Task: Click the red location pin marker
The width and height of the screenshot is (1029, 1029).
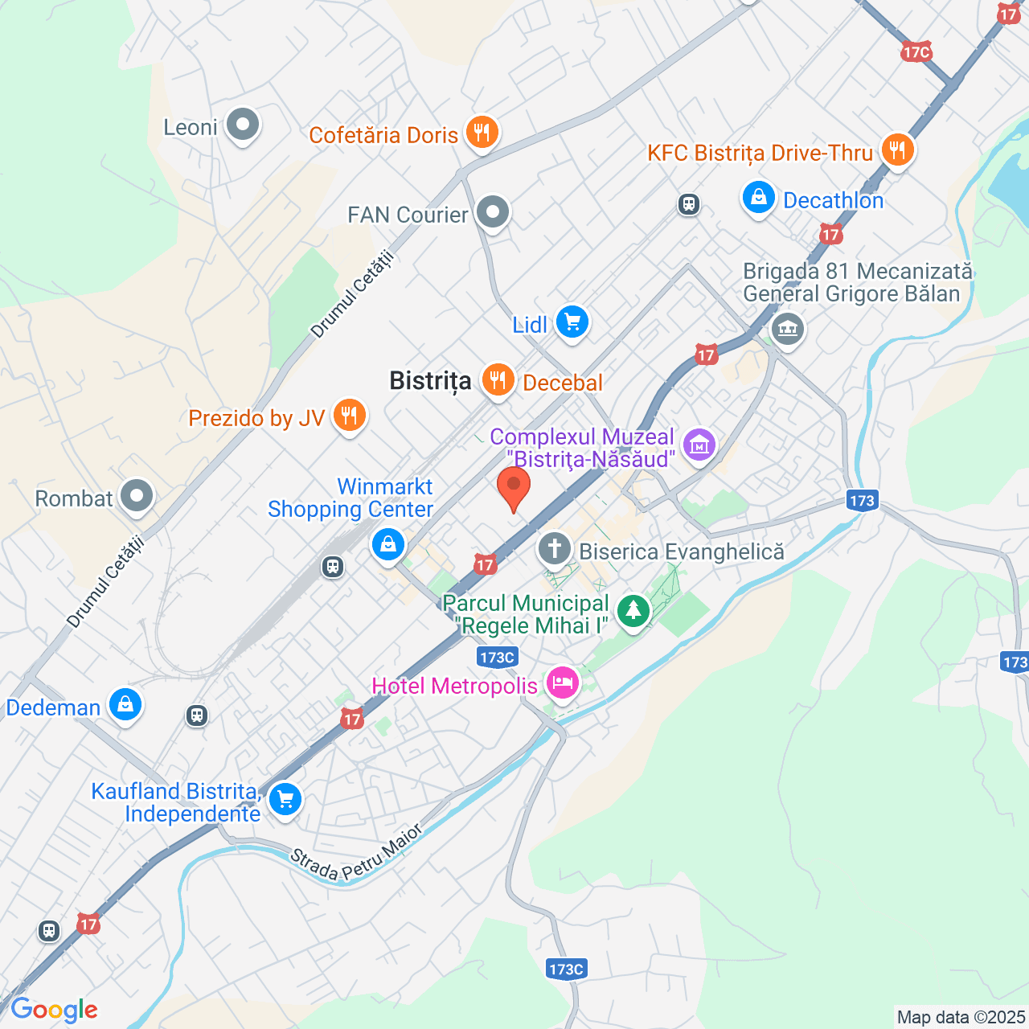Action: pyautogui.click(x=514, y=487)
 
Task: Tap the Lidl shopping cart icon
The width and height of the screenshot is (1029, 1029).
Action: pyautogui.click(x=572, y=322)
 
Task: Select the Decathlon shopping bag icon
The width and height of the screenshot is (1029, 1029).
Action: pyautogui.click(x=758, y=197)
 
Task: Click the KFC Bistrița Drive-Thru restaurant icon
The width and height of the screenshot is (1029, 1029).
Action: pyautogui.click(x=897, y=150)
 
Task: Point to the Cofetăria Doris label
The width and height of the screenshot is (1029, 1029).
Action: pyautogui.click(x=383, y=135)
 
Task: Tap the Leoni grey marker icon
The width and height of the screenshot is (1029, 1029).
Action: pyautogui.click(x=242, y=125)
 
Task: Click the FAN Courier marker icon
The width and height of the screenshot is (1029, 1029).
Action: pyautogui.click(x=493, y=212)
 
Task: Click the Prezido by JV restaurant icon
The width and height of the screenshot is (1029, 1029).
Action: pyautogui.click(x=348, y=416)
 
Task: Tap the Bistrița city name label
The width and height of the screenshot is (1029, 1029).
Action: pyautogui.click(x=430, y=381)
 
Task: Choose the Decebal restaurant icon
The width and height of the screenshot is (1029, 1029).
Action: pyautogui.click(x=498, y=379)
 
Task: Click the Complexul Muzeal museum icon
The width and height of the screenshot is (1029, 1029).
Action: pyautogui.click(x=699, y=444)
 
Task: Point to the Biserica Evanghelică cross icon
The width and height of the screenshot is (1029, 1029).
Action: pyautogui.click(x=554, y=549)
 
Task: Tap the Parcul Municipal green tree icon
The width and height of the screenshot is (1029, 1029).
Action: pyautogui.click(x=633, y=611)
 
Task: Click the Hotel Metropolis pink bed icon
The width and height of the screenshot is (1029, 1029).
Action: pyautogui.click(x=562, y=683)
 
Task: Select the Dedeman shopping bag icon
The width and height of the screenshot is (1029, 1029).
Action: pyautogui.click(x=125, y=705)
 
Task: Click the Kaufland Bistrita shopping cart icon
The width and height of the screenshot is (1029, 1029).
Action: pyautogui.click(x=285, y=799)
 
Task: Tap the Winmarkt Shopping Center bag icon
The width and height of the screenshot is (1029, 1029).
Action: pyautogui.click(x=387, y=544)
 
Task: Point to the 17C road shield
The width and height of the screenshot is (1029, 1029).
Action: pyautogui.click(x=916, y=53)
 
